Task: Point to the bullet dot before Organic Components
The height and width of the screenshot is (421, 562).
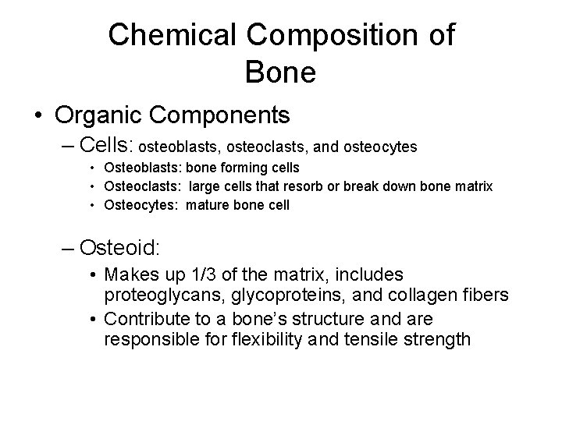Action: pos(37,116)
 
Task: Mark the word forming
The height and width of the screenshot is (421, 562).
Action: pos(240,168)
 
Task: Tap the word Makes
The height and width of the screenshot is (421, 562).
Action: pos(129,274)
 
